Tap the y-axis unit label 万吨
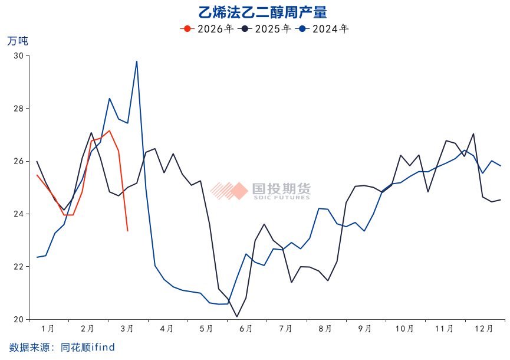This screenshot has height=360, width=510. (x=17, y=41)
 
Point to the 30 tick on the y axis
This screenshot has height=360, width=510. (x=18, y=55)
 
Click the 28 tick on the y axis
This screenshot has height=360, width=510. (x=18, y=109)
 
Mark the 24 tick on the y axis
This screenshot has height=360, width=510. (x=18, y=214)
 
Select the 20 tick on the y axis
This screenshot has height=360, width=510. (x=18, y=319)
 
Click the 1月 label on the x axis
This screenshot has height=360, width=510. (x=48, y=329)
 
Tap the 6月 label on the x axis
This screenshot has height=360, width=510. (x=246, y=329)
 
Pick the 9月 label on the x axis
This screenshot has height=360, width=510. (x=365, y=329)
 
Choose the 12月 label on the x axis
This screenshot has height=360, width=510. (x=484, y=329)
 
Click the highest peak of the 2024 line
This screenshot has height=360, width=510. (x=137, y=61)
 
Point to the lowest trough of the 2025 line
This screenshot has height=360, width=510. (x=237, y=317)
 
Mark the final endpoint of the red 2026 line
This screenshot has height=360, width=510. (x=127, y=231)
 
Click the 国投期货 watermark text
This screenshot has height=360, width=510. (x=281, y=189)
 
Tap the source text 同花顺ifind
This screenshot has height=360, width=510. (x=88, y=348)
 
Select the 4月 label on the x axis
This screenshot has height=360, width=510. (x=167, y=329)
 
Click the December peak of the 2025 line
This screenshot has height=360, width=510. (x=473, y=134)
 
